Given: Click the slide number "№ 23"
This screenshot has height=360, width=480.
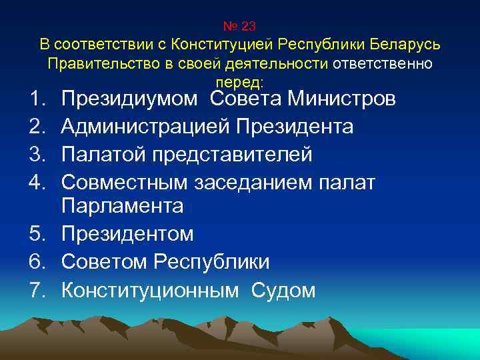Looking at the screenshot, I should pyautogui.click(x=239, y=26).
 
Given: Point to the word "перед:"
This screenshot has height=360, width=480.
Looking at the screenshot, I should pyautogui.click(x=240, y=82).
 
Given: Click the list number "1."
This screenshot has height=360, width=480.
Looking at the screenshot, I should pyautogui.click(x=36, y=100).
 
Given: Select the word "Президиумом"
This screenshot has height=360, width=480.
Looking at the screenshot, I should pyautogui.click(x=129, y=100).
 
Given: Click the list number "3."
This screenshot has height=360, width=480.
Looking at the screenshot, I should pyautogui.click(x=36, y=154).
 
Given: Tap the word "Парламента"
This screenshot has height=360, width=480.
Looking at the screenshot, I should pyautogui.click(x=122, y=207).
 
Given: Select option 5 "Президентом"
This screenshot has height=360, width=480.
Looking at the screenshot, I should pyautogui.click(x=127, y=234).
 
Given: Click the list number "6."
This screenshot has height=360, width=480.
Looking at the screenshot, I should pyautogui.click(x=36, y=262).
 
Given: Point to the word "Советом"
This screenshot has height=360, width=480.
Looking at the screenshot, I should pyautogui.click(x=105, y=262).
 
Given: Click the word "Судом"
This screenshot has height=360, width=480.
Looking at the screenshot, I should pyautogui.click(x=284, y=290).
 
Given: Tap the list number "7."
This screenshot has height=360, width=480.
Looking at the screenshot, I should pyautogui.click(x=36, y=290).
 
